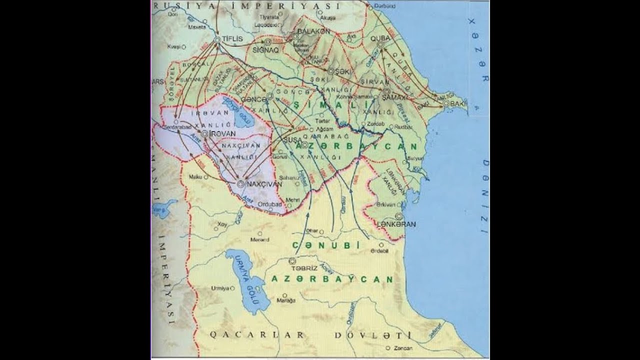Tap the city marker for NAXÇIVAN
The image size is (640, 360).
coord(240,184)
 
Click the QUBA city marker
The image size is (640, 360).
coord(381,44)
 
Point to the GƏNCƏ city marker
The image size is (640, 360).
coord(270,95)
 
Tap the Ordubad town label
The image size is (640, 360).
coord(270,203)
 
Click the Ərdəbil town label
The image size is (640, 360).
coord(379,251)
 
